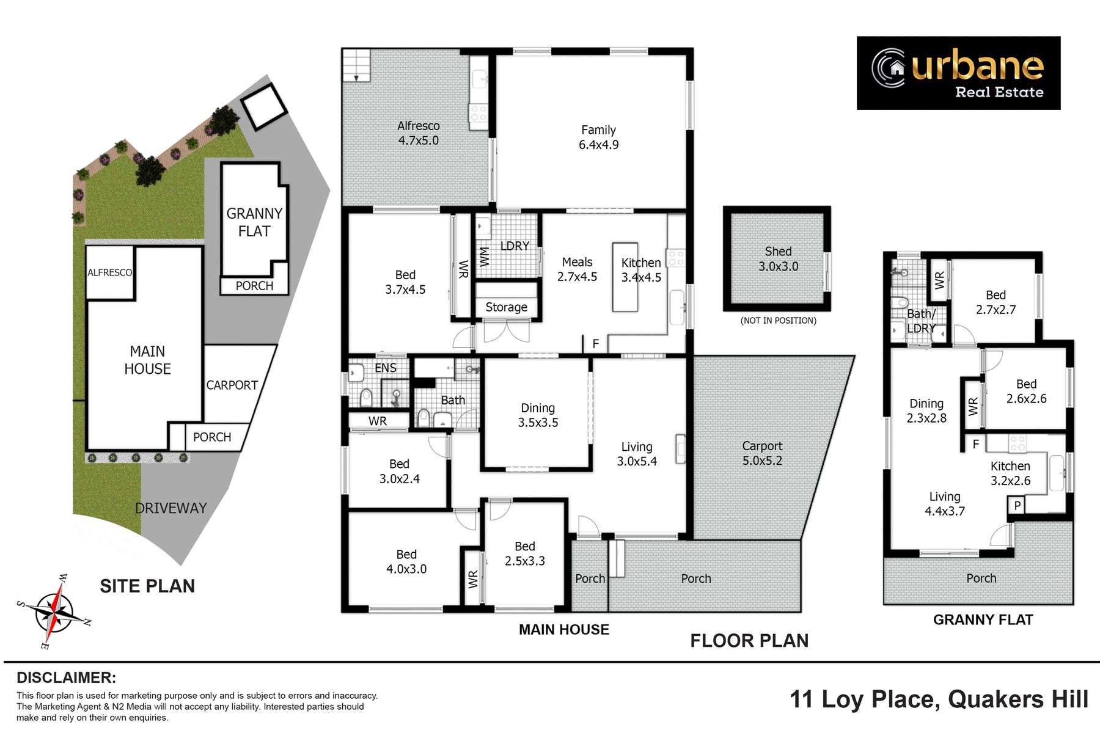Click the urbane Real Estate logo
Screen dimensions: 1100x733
(x=958, y=73)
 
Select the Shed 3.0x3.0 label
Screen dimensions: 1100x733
(x=778, y=259)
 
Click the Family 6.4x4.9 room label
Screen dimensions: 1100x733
(x=599, y=137)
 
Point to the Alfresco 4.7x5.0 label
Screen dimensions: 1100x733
(x=419, y=133)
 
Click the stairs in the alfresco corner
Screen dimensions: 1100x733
(x=356, y=65)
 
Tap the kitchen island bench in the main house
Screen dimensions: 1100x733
(x=625, y=277)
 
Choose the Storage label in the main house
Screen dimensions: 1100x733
(x=506, y=307)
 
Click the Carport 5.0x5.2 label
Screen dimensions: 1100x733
(x=762, y=453)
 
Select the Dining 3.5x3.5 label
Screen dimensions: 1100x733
(x=538, y=415)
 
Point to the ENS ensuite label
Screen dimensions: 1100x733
(x=386, y=368)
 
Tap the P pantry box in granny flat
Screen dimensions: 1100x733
(x=1018, y=505)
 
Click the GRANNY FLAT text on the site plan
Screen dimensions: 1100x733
(x=254, y=222)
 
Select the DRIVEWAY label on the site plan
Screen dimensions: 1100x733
(x=171, y=508)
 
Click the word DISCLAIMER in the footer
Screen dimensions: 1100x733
(x=66, y=677)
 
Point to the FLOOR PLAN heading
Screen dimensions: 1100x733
(x=749, y=641)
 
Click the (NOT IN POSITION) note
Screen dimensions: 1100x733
(x=779, y=321)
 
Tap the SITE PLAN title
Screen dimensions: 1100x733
(x=147, y=586)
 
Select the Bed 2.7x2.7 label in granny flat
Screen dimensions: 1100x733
(x=996, y=302)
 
